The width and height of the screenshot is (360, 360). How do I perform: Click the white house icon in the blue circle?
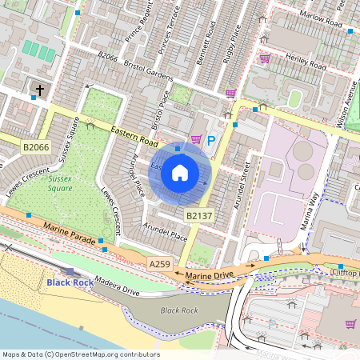[x=180, y=173]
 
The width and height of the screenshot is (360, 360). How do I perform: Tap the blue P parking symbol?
[x=211, y=141]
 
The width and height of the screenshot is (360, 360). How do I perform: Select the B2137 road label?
[x=199, y=216]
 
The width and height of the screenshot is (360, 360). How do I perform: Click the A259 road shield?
[x=159, y=263]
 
